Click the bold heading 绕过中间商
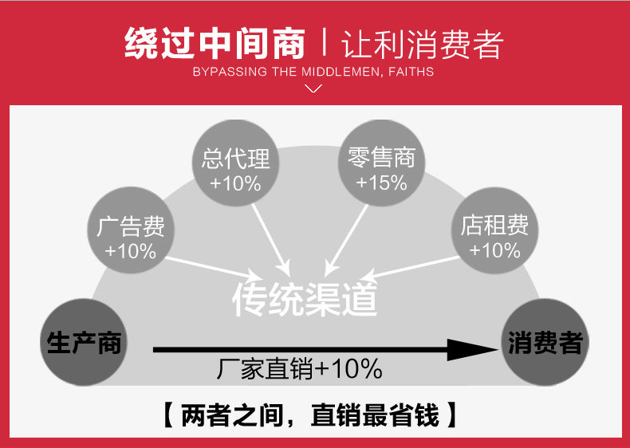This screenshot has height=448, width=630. pyautogui.click(x=215, y=44)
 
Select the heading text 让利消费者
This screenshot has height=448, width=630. pyautogui.click(x=423, y=44)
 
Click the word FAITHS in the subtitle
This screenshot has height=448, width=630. pyautogui.click(x=412, y=72)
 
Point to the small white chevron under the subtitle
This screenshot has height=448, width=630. pyautogui.click(x=314, y=88)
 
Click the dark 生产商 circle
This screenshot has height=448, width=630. pyautogui.click(x=84, y=344)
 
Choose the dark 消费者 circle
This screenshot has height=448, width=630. pyautogui.click(x=545, y=344)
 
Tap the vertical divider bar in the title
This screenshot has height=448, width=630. pyautogui.click(x=325, y=44)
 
